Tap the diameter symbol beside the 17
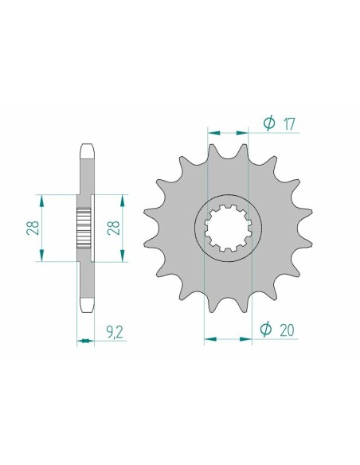[268, 123]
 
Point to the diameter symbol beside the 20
[268, 328]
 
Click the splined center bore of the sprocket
[229, 227]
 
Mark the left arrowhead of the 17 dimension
[210, 132]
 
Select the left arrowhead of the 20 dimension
[207, 338]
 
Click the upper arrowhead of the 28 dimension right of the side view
[123, 197]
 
